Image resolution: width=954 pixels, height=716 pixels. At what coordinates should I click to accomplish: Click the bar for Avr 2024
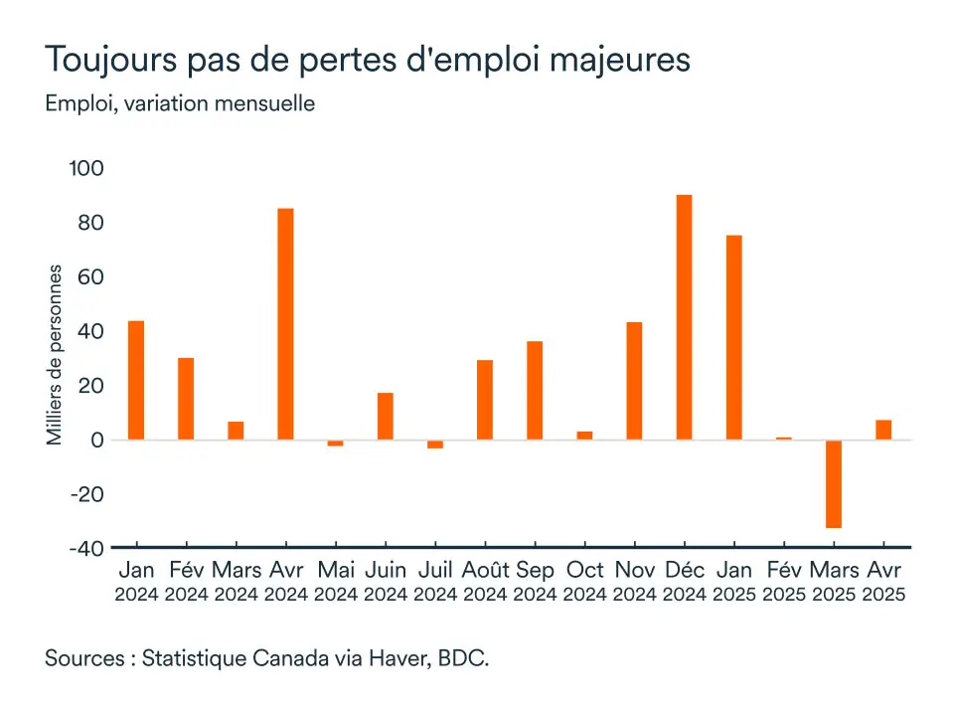click(285, 323)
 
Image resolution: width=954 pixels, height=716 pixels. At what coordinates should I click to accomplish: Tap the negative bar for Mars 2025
click(833, 483)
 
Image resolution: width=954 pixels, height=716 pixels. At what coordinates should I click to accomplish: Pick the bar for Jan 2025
click(733, 337)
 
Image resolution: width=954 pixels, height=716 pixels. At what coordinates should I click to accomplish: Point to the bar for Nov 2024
click(634, 380)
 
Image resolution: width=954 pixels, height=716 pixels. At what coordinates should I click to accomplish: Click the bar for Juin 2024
click(385, 416)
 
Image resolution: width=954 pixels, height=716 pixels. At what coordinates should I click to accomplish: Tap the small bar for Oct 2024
click(584, 435)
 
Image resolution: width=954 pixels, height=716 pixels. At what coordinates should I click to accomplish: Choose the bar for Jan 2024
click(136, 380)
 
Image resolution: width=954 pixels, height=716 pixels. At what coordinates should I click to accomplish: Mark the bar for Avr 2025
click(882, 430)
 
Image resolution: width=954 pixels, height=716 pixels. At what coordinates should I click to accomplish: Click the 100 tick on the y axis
click(85, 168)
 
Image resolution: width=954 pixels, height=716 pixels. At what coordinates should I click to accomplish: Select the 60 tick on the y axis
click(90, 276)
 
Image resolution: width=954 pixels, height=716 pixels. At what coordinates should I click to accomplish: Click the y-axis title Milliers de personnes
click(56, 355)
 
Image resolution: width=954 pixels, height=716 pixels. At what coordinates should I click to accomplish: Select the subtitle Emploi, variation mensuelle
click(180, 102)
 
